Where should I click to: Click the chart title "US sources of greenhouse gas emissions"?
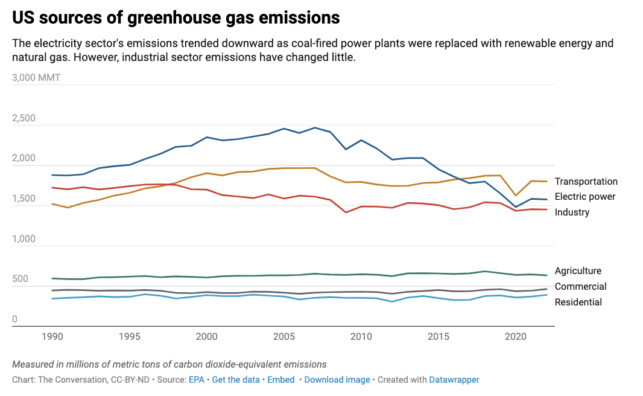tap(176, 18)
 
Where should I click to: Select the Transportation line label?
tap(586, 182)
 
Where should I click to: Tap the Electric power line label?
tap(584, 197)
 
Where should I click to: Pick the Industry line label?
tap(572, 212)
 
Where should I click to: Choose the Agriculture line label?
tap(578, 271)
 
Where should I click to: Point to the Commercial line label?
tap(580, 287)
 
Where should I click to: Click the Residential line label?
tap(578, 302)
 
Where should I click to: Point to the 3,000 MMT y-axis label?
tap(36, 78)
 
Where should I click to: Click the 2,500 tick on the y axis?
tap(25, 118)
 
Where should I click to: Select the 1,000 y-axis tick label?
tap(25, 239)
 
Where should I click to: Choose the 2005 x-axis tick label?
tap(284, 336)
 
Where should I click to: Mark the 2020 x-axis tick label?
tap(515, 336)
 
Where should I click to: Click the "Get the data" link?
tap(236, 380)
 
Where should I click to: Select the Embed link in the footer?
tap(280, 380)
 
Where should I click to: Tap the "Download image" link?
tap(337, 380)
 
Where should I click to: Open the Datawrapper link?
tap(454, 380)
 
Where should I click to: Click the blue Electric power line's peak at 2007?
tap(315, 127)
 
